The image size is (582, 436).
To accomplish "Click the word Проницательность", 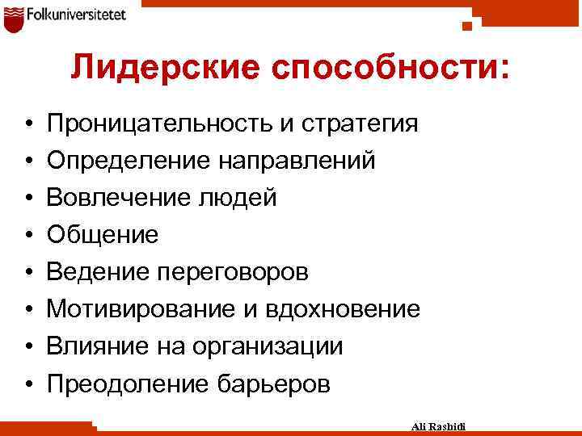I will coord(158,124).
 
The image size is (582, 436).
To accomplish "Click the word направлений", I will coord(297,161).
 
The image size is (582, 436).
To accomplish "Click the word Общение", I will coord(103,235).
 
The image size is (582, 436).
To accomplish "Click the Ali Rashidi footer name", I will coord(444,426).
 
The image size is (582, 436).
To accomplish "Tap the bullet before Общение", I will coord(27,236).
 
